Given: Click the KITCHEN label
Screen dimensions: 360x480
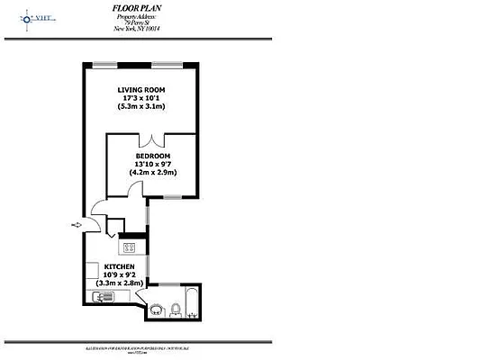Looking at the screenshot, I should click(119, 267).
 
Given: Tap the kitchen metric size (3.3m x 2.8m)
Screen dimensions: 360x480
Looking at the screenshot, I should click(119, 283).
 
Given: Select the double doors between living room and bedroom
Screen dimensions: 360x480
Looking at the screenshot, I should click(156, 139).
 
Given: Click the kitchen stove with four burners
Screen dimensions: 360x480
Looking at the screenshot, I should click(130, 247).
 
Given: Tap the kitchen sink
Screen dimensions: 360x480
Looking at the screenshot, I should click(101, 296).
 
